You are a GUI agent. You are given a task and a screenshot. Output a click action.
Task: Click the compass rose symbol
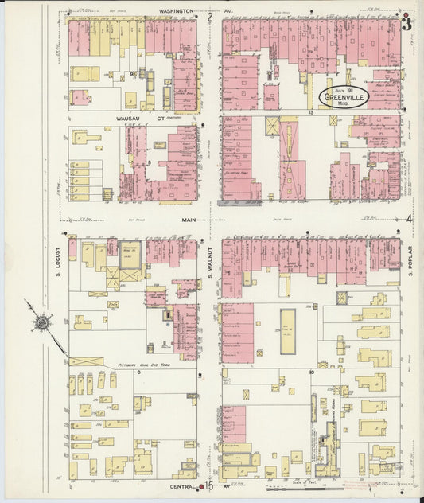pos(41,322)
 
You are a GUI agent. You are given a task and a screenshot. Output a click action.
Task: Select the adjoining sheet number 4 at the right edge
pos(410,219)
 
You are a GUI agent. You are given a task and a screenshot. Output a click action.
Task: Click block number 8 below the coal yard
pos(138,372)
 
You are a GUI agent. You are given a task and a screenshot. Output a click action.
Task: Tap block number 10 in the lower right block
pos(311,372)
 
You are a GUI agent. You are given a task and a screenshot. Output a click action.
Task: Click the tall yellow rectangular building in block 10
pos(287,328)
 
